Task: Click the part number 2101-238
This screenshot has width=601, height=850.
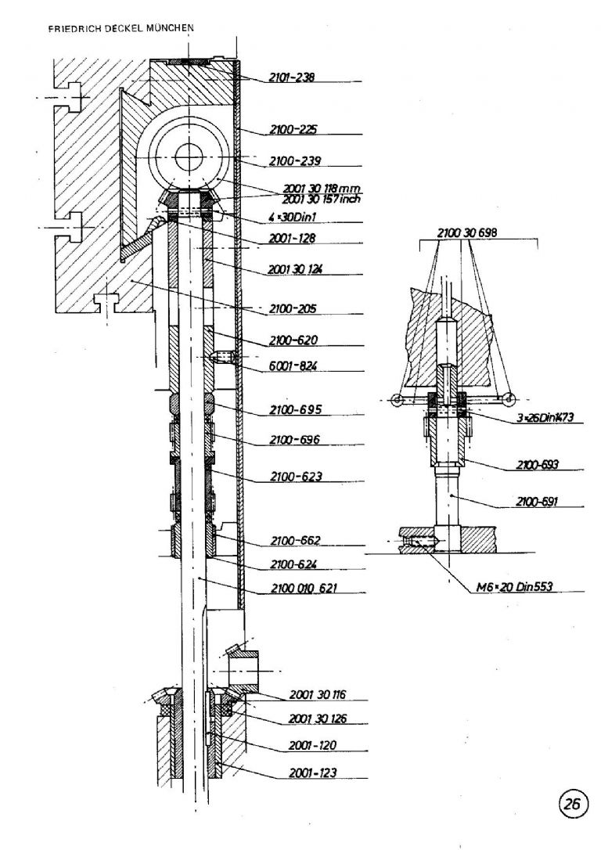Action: (292, 77)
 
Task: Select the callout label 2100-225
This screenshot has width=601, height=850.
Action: (293, 130)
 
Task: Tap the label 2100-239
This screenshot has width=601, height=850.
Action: (295, 160)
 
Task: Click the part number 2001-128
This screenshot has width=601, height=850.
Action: (292, 237)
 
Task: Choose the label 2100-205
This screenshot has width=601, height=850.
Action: (293, 309)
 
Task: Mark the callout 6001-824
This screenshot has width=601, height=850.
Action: (293, 366)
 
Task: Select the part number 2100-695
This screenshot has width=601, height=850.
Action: (295, 409)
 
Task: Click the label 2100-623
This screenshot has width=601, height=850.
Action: (296, 477)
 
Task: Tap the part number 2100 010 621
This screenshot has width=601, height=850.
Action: (304, 588)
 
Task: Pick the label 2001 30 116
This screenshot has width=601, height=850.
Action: (318, 694)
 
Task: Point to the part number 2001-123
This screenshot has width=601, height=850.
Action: (313, 773)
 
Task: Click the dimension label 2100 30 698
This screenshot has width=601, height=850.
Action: (466, 232)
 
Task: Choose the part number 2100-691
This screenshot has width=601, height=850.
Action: (537, 502)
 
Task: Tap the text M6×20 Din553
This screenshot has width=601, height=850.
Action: (514, 586)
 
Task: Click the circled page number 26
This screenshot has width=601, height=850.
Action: (572, 803)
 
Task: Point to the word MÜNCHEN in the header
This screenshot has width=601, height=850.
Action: (170, 28)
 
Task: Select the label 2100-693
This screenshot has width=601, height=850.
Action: (537, 465)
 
